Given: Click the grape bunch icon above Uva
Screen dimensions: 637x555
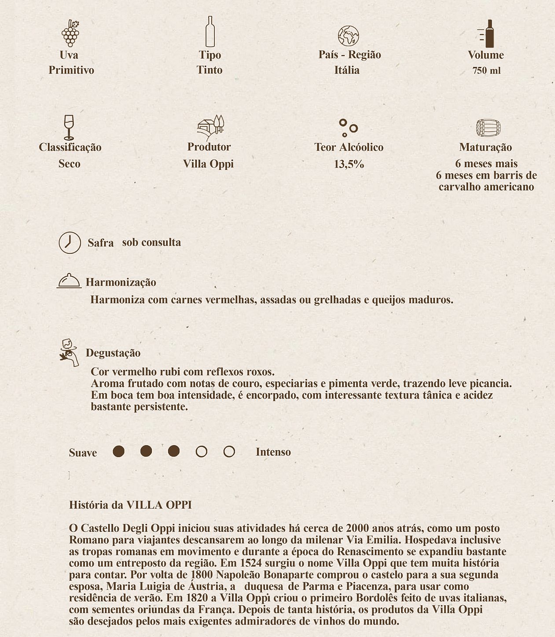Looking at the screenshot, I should tap(70, 33).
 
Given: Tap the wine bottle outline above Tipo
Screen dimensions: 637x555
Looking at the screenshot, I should tap(210, 32).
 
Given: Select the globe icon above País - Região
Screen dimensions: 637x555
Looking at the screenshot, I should tap(348, 36).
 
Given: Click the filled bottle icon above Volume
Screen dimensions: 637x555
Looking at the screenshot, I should tap(487, 34).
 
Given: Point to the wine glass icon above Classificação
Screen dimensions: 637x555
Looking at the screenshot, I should tap(69, 127).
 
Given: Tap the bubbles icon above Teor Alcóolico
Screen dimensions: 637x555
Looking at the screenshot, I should tap(348, 128).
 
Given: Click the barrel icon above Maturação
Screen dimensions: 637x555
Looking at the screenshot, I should tap(488, 128).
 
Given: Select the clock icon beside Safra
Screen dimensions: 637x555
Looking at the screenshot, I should tap(70, 242).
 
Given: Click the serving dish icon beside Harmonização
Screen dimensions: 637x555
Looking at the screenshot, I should tap(69, 281).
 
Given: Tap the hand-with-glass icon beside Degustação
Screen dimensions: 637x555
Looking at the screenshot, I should tap(69, 352).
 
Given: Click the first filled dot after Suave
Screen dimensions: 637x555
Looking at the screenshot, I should tap(118, 451).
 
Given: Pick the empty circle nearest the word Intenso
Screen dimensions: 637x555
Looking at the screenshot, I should tap(229, 452).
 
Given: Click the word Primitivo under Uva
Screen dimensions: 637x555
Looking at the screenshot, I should tap(71, 70).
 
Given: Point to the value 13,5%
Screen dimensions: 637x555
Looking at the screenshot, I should tap(349, 165).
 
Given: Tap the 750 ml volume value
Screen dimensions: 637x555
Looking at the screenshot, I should tap(486, 71).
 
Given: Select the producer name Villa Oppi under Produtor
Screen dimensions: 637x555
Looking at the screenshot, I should tap(208, 164).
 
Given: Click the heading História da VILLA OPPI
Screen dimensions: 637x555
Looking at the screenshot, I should tap(130, 505).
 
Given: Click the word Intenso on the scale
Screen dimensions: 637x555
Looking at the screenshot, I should tap(273, 452).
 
